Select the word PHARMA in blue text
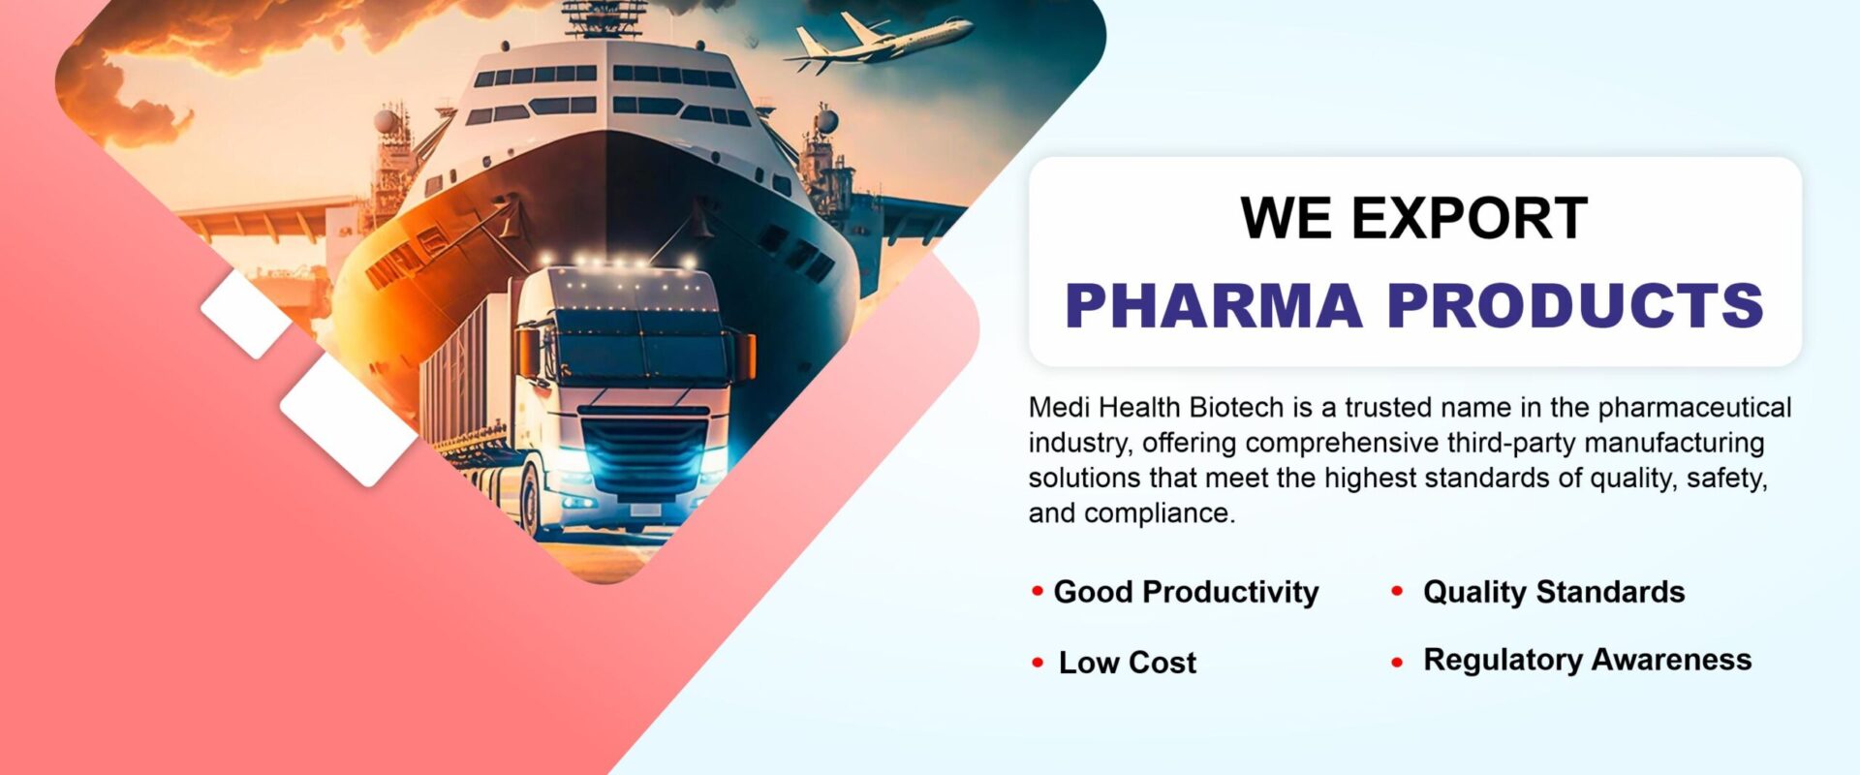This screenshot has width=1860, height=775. (x=1214, y=305)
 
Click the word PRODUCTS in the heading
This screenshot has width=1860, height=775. (x=1575, y=305)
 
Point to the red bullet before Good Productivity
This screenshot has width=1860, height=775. (x=1038, y=590)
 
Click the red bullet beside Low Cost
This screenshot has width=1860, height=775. (x=1038, y=663)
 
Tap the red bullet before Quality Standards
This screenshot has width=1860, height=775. (x=1397, y=590)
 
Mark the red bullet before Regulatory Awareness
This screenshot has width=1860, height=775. (x=1397, y=663)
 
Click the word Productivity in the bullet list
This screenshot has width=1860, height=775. (x=1231, y=593)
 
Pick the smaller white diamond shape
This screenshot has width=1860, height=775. (x=246, y=313)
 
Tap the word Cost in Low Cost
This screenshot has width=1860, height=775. (x=1162, y=663)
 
